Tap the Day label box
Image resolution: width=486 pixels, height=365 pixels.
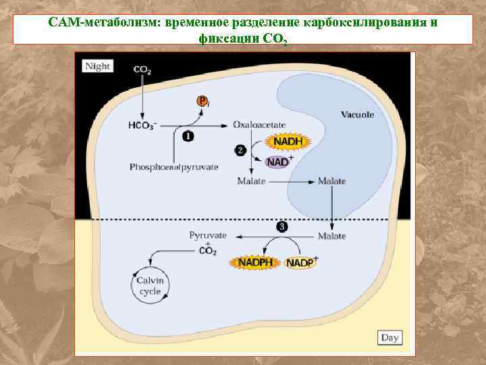pyautogui.click(x=389, y=337)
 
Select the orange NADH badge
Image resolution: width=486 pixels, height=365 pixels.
pyautogui.click(x=288, y=142)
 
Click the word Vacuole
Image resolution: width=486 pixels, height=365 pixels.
pyautogui.click(x=357, y=115)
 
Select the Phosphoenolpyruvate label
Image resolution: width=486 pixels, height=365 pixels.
pyautogui.click(x=174, y=166)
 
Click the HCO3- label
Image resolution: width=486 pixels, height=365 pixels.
pyautogui.click(x=142, y=126)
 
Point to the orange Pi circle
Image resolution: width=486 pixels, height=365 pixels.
pyautogui.click(x=202, y=100)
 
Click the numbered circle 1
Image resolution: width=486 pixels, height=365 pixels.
pyautogui.click(x=188, y=137)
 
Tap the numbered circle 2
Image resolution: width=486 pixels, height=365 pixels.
pyautogui.click(x=240, y=151)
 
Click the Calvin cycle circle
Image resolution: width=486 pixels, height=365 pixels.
pyautogui.click(x=151, y=285)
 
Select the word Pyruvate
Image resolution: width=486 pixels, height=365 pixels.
pyautogui.click(x=208, y=235)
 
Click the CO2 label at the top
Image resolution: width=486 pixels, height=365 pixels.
pyautogui.click(x=142, y=69)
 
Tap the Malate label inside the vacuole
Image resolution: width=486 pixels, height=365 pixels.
pyautogui.click(x=331, y=181)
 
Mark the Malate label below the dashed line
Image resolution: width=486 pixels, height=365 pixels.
pyautogui.click(x=331, y=236)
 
